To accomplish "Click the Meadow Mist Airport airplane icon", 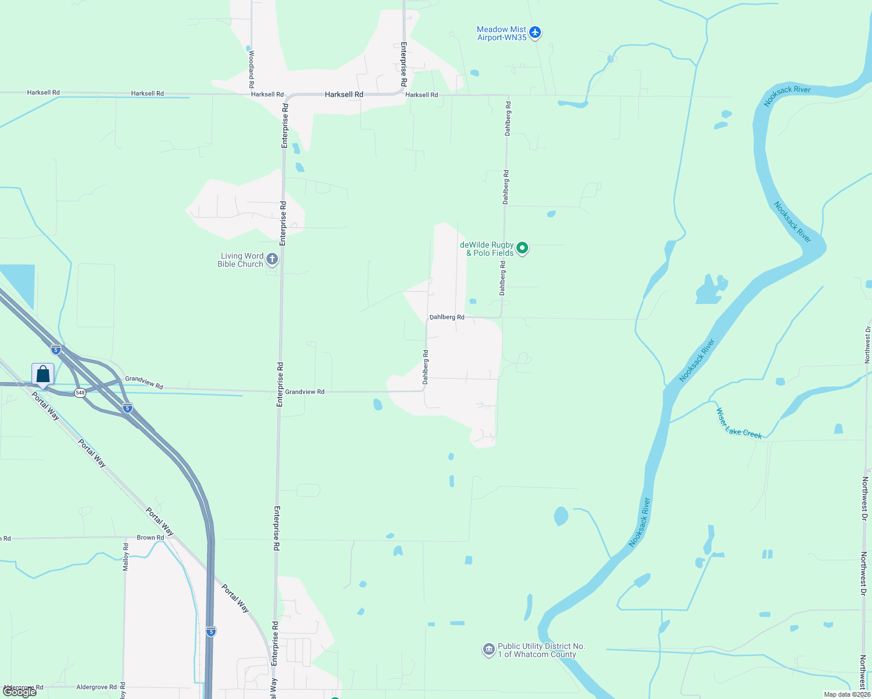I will [x=535, y=33].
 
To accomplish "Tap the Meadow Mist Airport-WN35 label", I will [x=501, y=33].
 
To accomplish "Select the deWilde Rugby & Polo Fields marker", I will [x=523, y=249].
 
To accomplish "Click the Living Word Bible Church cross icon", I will [x=272, y=259].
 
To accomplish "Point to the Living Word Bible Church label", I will [x=241, y=260].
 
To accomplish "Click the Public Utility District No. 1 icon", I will [x=488, y=649].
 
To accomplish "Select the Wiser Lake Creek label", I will [x=739, y=423].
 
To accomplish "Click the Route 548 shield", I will [x=80, y=393].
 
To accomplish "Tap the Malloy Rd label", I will [x=125, y=556].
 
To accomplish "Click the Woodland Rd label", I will [x=251, y=65].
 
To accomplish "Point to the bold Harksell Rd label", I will [x=344, y=94].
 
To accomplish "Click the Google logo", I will [x=20, y=692].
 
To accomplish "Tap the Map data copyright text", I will [x=847, y=694].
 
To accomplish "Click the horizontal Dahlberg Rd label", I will [x=447, y=317].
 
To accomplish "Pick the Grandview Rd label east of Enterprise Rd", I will [x=305, y=392].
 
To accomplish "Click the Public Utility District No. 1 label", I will [x=541, y=650].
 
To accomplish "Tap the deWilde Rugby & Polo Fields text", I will [x=487, y=249].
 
